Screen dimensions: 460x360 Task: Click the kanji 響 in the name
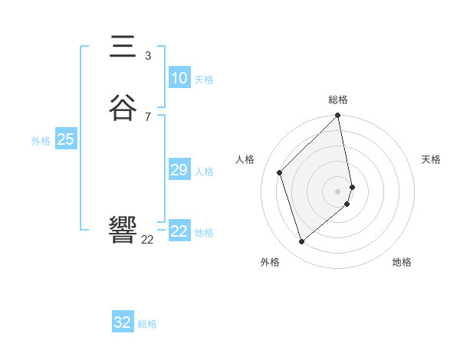coord(123,230)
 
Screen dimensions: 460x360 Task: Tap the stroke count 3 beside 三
coord(148,56)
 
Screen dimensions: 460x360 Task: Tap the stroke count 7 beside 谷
coord(148,116)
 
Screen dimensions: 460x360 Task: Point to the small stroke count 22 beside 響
coord(148,240)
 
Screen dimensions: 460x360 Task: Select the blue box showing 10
coord(179,78)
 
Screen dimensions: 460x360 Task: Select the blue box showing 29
coord(179,170)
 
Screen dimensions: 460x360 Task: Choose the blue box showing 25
coord(65,139)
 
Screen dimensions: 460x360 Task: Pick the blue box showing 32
coord(123,322)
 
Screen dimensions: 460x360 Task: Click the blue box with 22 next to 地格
coord(179,231)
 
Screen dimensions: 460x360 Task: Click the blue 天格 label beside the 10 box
coord(204,80)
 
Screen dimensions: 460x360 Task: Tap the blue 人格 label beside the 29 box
coord(204,172)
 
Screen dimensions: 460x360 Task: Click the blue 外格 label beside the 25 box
coord(41,141)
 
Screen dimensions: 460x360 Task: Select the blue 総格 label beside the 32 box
coord(147,324)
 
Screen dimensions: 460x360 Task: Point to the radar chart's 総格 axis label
coord(338,100)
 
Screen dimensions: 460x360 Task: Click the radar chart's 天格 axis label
coord(431,159)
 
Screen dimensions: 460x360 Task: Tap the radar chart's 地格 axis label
coord(402,262)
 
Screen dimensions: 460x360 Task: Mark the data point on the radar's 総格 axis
coord(338,116)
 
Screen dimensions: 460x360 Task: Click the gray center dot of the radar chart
coord(338,191)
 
